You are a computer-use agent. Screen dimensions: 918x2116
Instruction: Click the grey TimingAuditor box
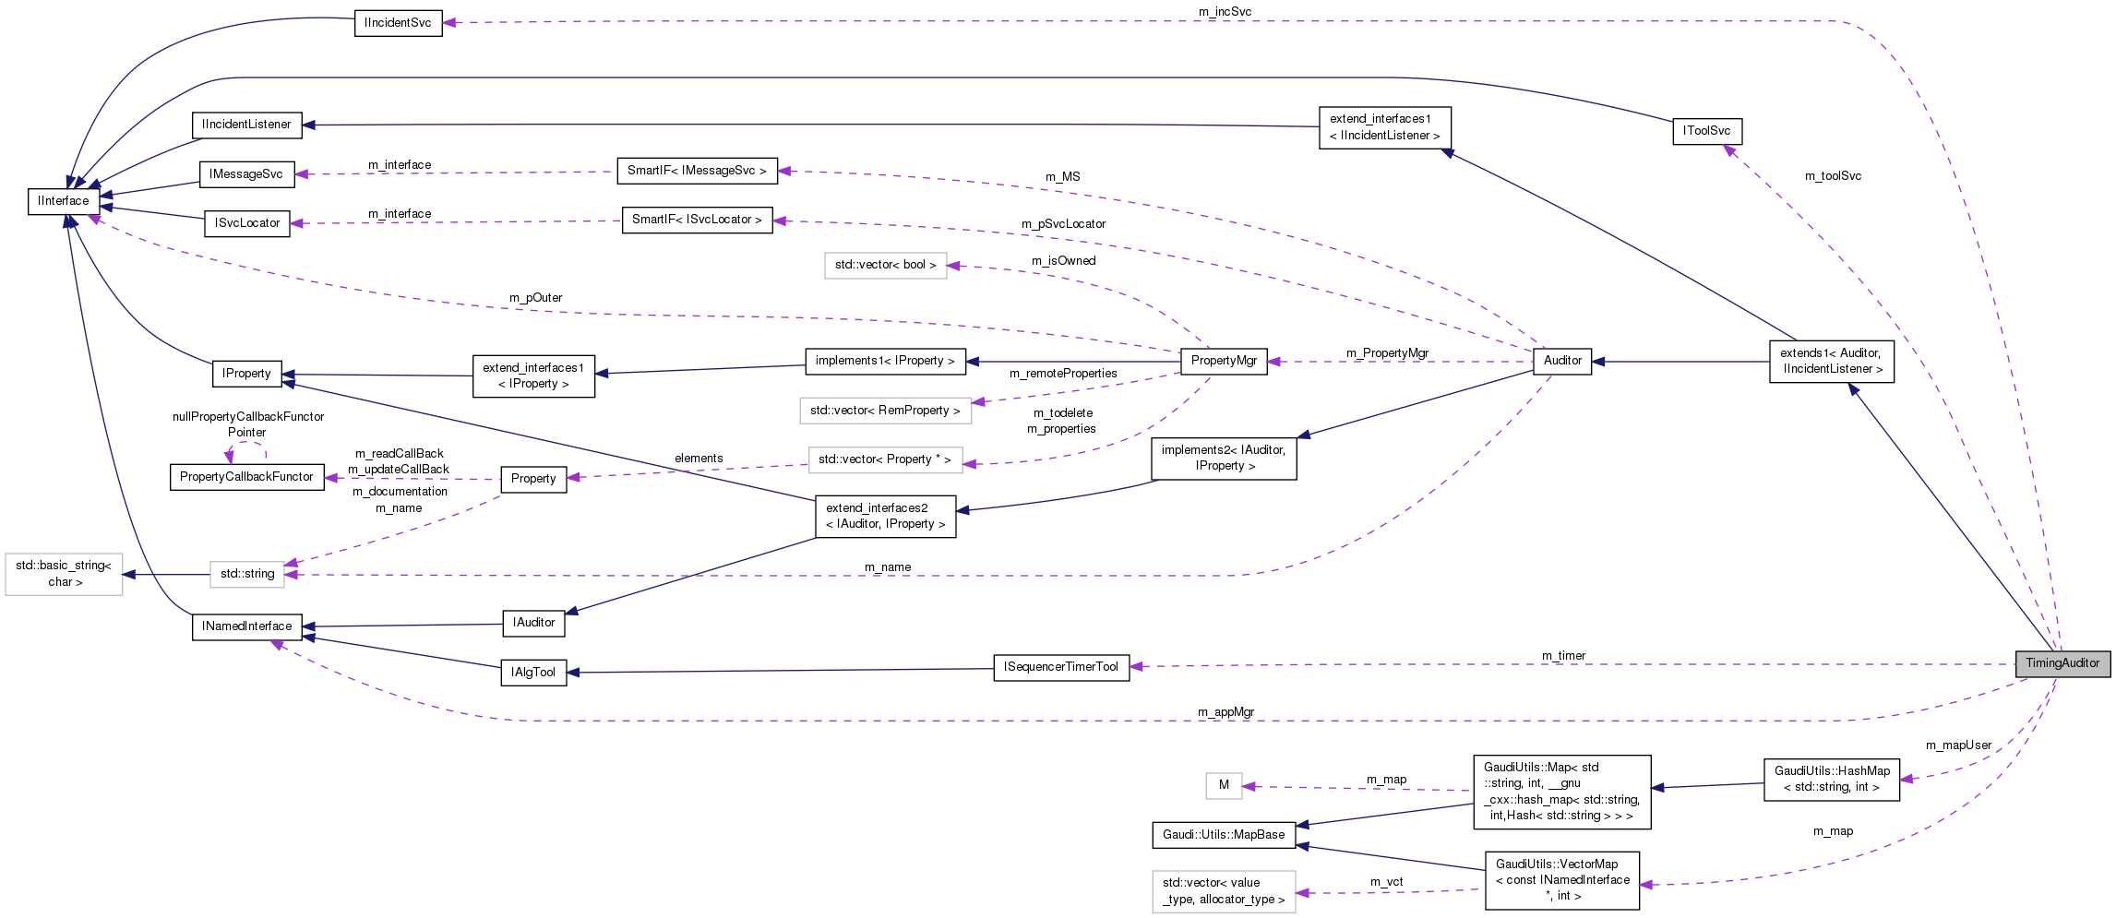pyautogui.click(x=2062, y=663)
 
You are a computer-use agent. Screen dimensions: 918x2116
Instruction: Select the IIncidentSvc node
pyautogui.click(x=398, y=23)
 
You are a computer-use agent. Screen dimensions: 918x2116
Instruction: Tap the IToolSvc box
pyautogui.click(x=1706, y=131)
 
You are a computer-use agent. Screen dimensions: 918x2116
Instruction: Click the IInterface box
pyautogui.click(x=64, y=201)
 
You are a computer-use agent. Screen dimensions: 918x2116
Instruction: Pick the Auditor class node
pyautogui.click(x=1561, y=361)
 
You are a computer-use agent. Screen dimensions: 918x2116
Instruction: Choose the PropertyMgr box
pyautogui.click(x=1224, y=361)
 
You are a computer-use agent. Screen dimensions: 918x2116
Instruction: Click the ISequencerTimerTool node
pyautogui.click(x=1061, y=667)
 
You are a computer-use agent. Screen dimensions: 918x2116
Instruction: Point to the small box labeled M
pyautogui.click(x=1224, y=785)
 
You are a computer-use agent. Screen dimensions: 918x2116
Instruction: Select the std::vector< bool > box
pyautogui.click(x=885, y=265)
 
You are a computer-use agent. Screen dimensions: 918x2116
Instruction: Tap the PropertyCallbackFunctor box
pyautogui.click(x=246, y=477)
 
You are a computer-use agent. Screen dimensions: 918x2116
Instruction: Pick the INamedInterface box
pyautogui.click(x=247, y=626)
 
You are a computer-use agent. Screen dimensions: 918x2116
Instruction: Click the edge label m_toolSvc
pyautogui.click(x=1833, y=176)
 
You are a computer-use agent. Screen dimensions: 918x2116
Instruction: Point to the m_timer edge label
pyautogui.click(x=1563, y=656)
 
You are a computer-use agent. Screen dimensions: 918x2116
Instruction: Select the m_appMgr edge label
pyautogui.click(x=1225, y=712)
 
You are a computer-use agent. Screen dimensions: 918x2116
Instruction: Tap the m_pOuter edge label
pyautogui.click(x=535, y=298)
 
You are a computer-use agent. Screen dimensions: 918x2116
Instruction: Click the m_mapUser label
pyautogui.click(x=1958, y=745)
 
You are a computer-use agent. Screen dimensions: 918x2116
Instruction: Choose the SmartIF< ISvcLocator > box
pyautogui.click(x=697, y=220)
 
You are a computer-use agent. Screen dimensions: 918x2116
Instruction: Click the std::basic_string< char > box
pyautogui.click(x=64, y=574)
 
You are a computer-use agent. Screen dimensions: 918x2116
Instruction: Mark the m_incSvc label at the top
pyautogui.click(x=1225, y=12)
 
